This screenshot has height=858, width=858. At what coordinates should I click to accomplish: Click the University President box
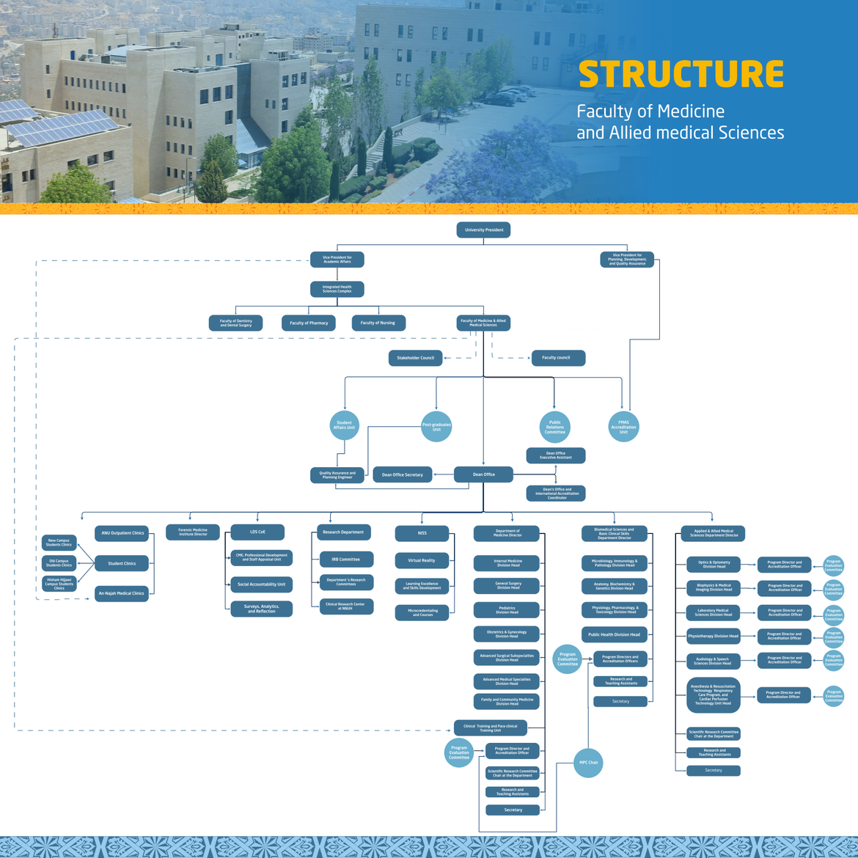click(x=483, y=230)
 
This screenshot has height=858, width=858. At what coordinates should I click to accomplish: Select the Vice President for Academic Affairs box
click(x=337, y=260)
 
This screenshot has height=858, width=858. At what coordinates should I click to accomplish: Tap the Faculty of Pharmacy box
click(x=309, y=323)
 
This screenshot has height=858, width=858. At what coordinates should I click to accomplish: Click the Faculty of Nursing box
click(x=378, y=323)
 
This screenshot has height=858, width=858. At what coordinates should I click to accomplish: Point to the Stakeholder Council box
click(x=415, y=358)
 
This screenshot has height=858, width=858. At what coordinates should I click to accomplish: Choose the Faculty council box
click(x=558, y=358)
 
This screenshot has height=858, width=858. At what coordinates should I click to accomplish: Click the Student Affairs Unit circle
click(x=344, y=425)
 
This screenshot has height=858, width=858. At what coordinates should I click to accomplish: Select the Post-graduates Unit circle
click(x=436, y=427)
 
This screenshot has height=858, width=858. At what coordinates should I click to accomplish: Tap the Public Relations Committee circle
click(x=555, y=427)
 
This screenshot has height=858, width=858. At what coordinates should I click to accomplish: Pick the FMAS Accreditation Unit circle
click(x=623, y=427)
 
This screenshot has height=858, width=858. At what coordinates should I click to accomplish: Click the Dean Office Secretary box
click(x=403, y=474)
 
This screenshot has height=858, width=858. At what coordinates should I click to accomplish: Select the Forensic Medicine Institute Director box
click(x=193, y=532)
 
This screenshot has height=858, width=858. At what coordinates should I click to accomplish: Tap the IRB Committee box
click(x=346, y=560)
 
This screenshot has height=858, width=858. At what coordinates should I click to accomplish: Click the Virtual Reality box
click(x=422, y=560)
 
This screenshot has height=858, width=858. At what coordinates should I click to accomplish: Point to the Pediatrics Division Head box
click(x=507, y=610)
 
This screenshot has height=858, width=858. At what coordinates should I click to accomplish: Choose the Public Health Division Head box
click(x=614, y=634)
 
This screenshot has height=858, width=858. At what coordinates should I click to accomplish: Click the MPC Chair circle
click(x=588, y=763)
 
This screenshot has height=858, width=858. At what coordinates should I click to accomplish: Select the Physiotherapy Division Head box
click(x=714, y=636)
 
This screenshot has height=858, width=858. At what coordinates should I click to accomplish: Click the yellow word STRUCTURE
click(x=681, y=74)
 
